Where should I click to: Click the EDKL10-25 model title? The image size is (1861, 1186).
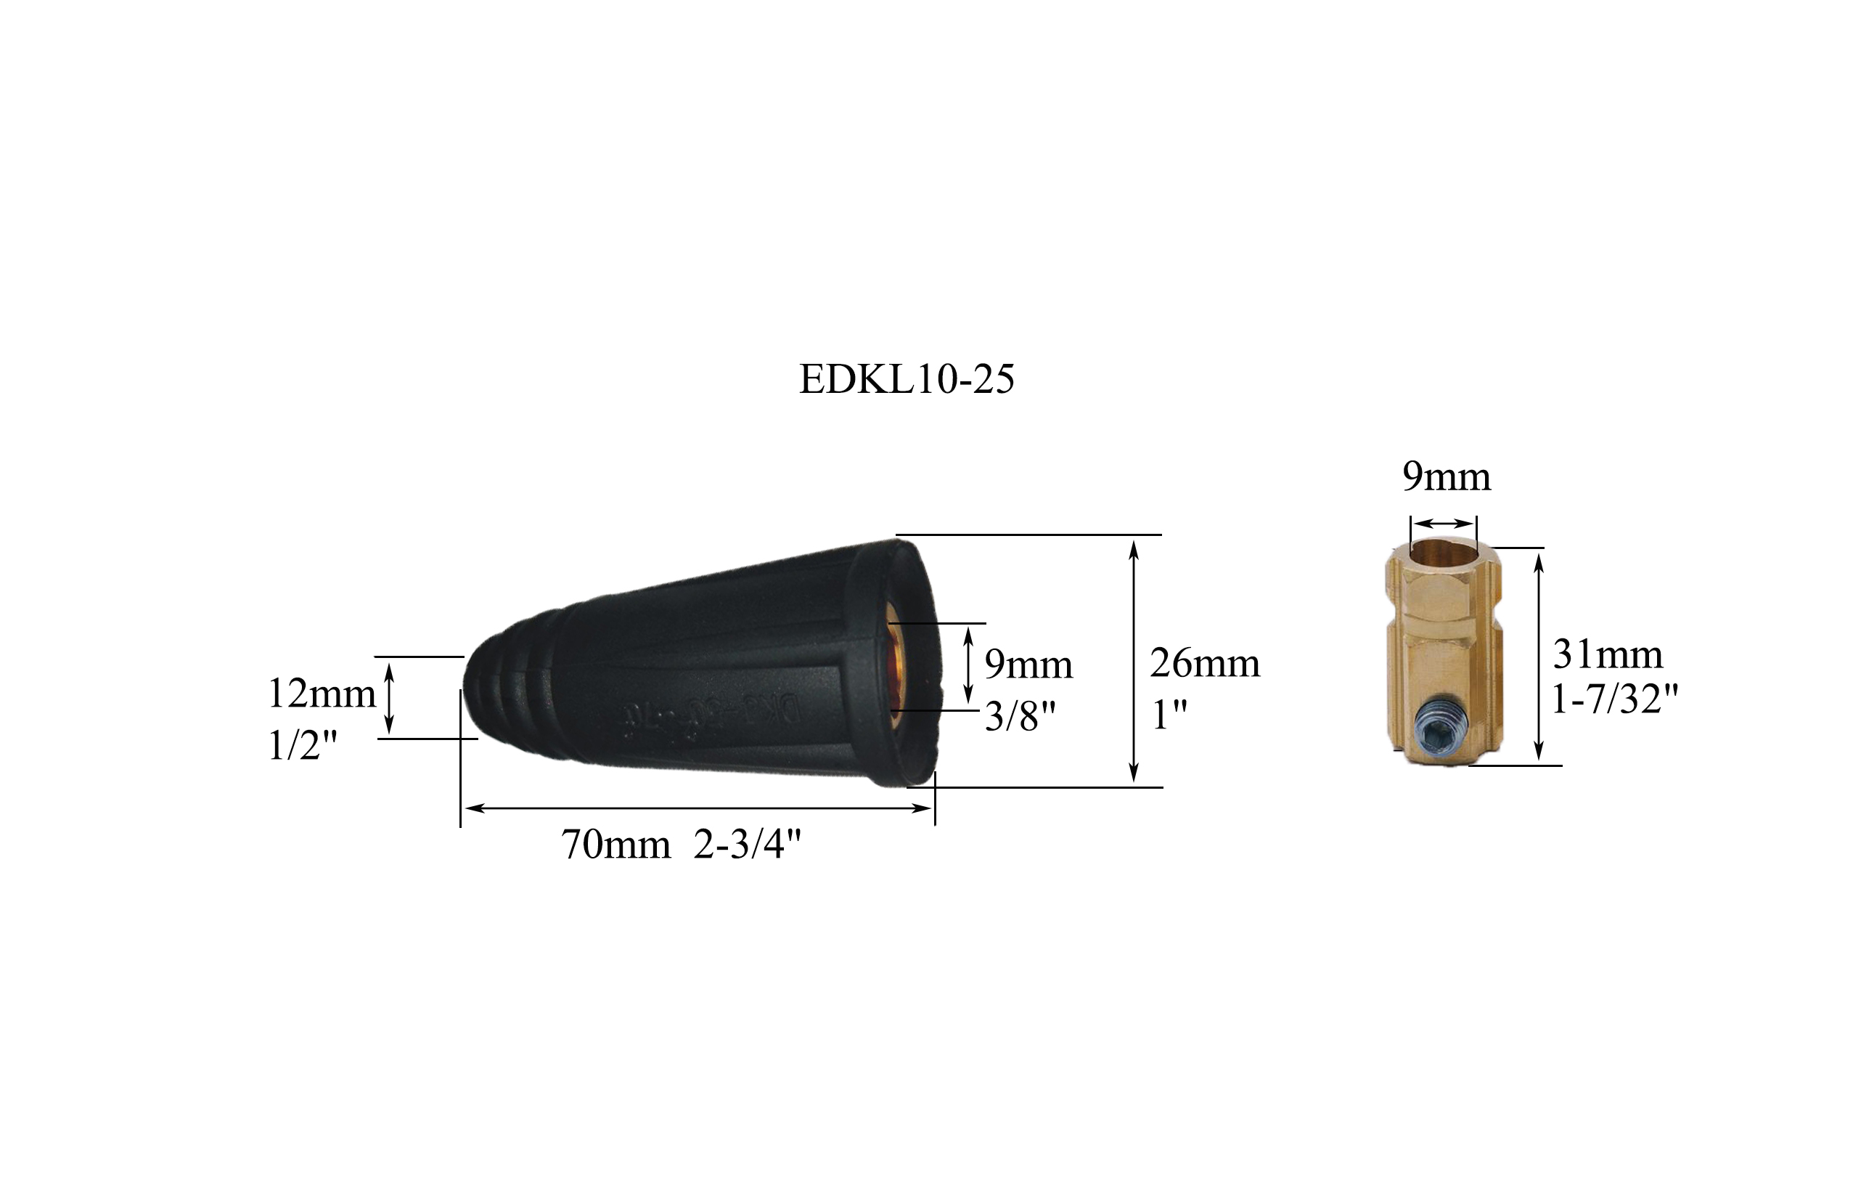906,381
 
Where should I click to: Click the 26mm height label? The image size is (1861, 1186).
1204,663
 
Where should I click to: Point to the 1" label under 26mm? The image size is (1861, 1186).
1169,715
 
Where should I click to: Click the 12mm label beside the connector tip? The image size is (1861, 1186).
322,694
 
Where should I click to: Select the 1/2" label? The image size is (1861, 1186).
303,746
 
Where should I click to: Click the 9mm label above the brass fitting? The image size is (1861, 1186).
1446,477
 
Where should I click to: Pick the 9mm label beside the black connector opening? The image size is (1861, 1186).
1028,665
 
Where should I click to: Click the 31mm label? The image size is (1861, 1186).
1608,655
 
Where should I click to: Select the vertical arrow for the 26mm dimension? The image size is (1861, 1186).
1134,661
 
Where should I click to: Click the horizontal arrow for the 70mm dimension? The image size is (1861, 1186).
698,808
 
